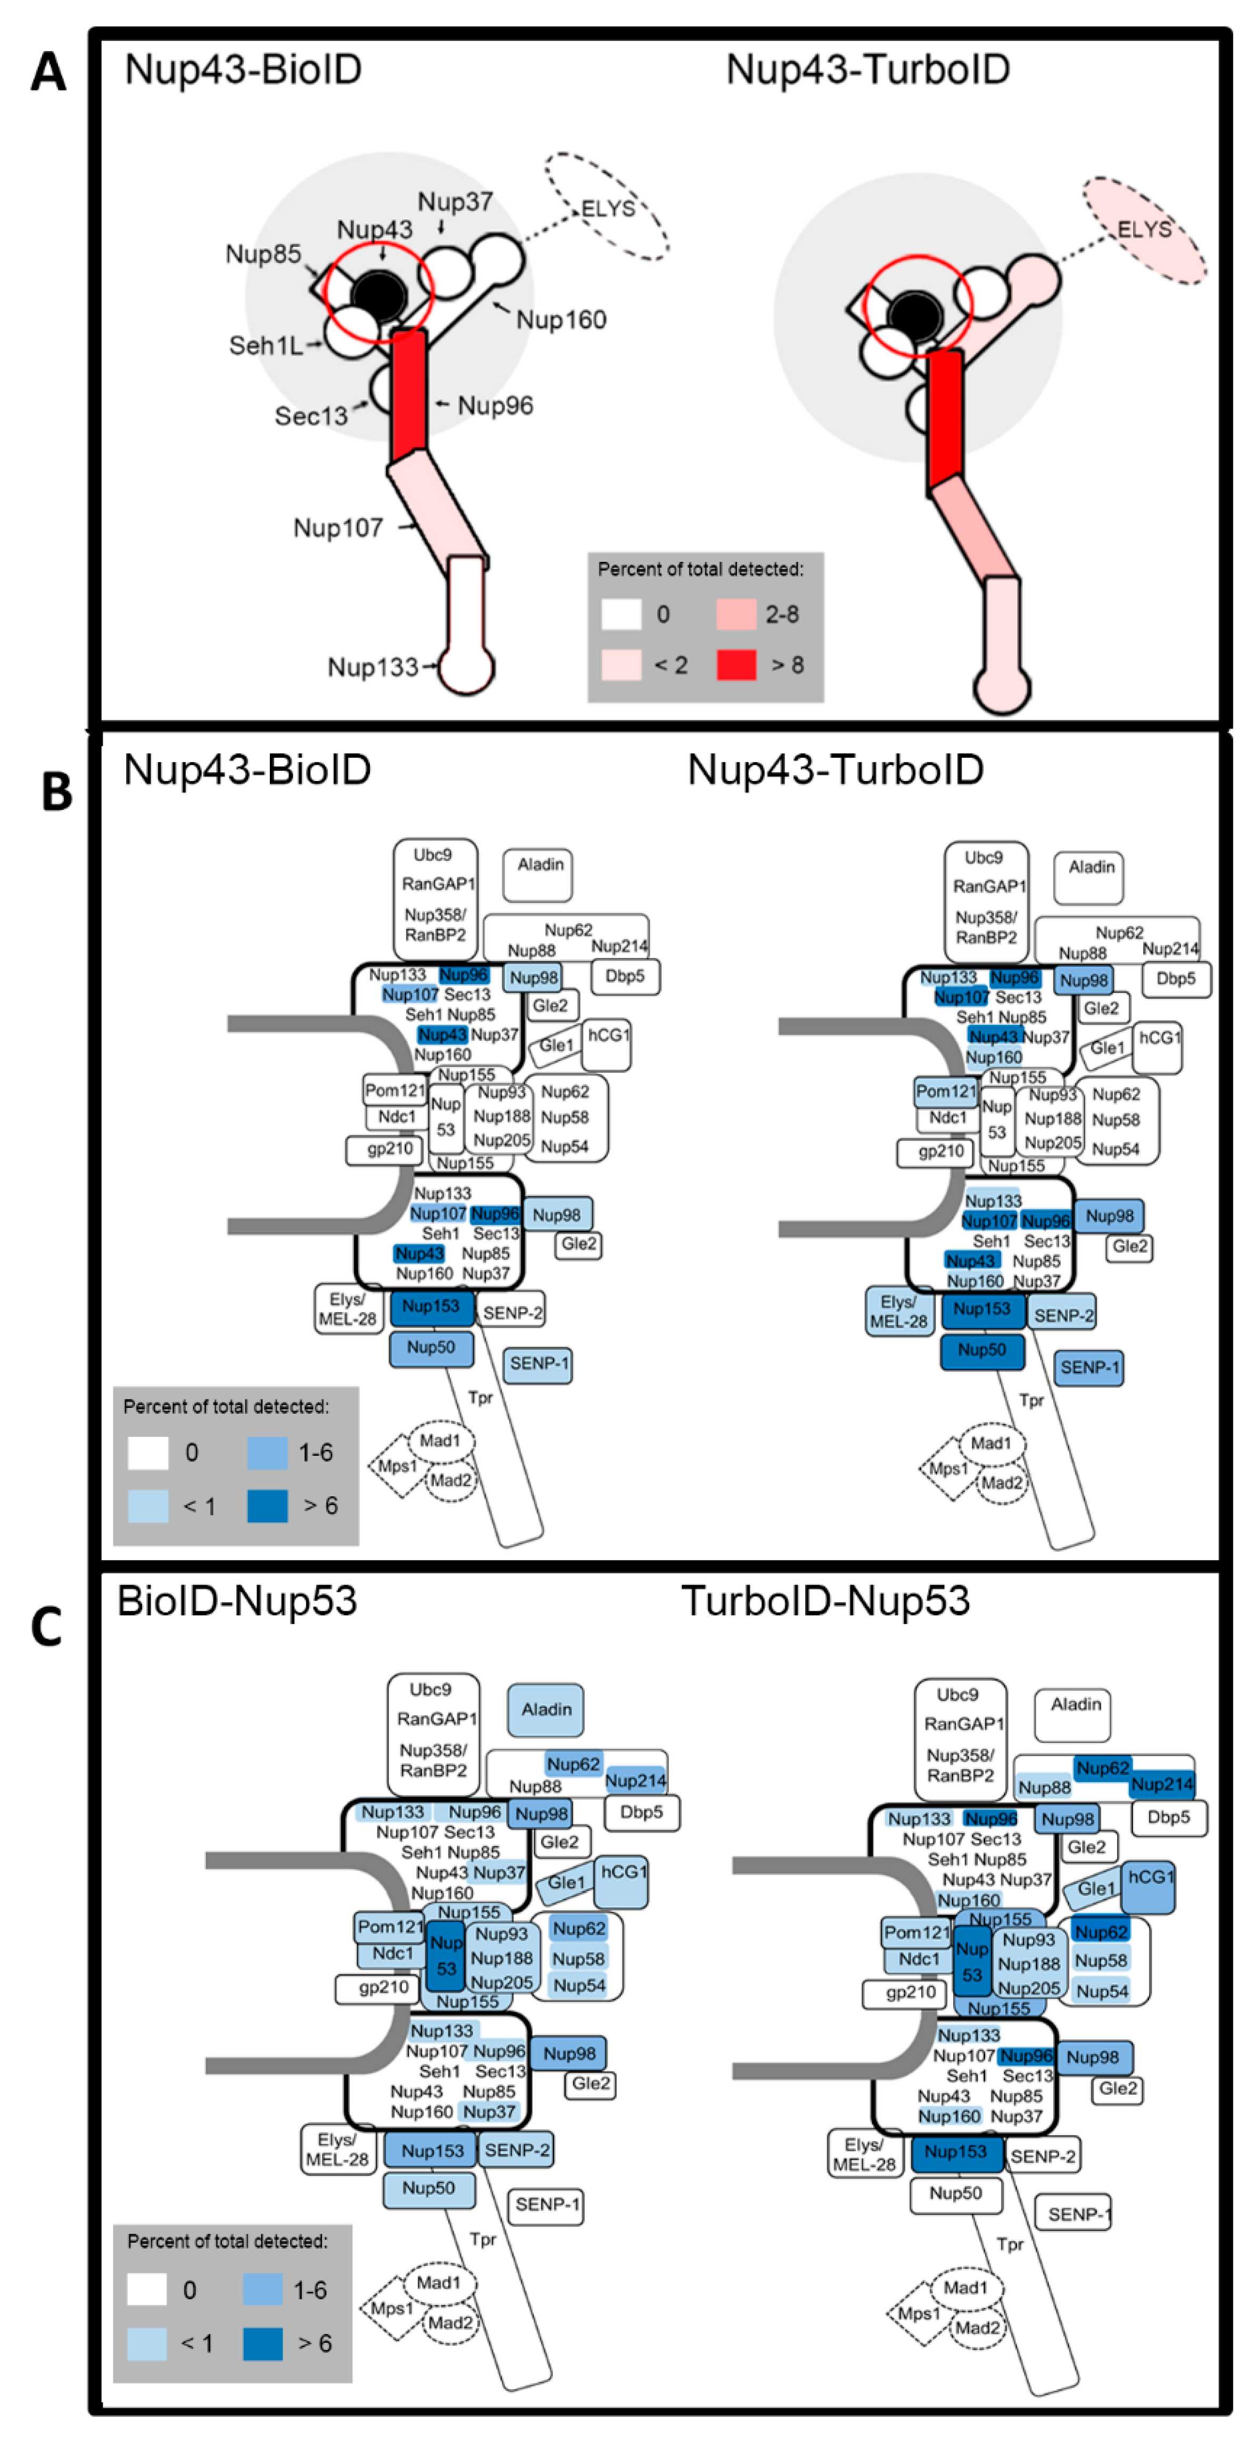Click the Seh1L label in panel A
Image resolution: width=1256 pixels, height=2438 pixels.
[x=266, y=345]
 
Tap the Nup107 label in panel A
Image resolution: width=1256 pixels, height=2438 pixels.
[x=338, y=527]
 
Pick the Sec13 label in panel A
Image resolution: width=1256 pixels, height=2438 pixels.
[x=310, y=416]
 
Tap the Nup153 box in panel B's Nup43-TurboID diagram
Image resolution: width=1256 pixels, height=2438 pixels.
[x=981, y=1310]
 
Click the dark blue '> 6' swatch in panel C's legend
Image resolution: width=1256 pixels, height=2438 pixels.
[x=262, y=2343]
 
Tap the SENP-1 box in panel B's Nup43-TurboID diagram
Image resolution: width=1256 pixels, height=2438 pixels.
[x=1088, y=1367]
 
